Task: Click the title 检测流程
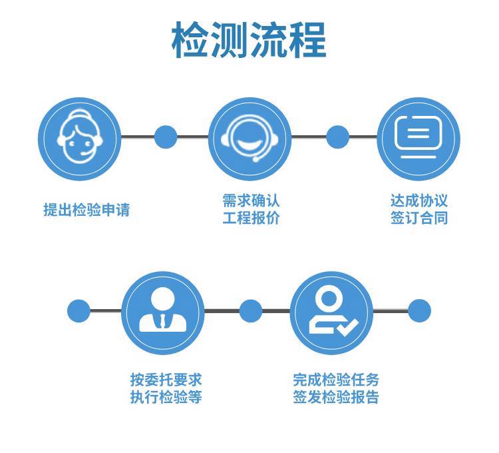coord(249,40)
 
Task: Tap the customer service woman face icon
coord(80,139)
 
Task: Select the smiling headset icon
coord(249,139)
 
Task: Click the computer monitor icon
coord(418,139)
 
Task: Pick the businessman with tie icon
coord(163,313)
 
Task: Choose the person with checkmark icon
coord(331,313)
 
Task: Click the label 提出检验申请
coord(86,210)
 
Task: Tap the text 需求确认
coord(251,201)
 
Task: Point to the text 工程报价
coord(251,218)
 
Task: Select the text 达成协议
coord(419,201)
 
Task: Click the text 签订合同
coord(419,218)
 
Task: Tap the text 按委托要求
coord(166,380)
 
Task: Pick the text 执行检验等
coord(166,397)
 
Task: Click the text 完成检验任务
coord(336,380)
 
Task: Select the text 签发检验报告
coord(336,397)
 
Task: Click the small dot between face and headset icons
coord(166,137)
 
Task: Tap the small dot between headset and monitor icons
coord(337,137)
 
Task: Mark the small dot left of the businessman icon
coord(79,310)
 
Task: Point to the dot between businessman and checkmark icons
coord(250,310)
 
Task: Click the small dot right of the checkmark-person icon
coord(419,310)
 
